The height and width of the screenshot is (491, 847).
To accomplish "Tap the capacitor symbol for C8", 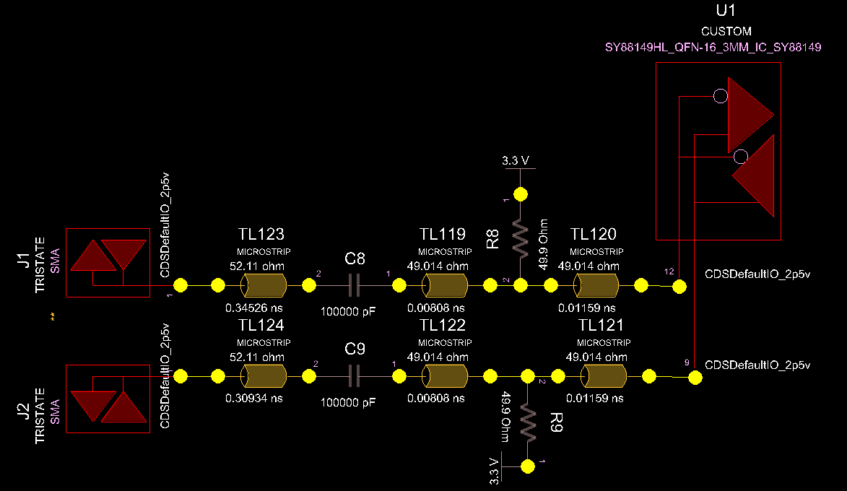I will pos(354,286).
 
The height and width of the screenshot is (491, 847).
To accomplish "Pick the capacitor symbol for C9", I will pos(354,376).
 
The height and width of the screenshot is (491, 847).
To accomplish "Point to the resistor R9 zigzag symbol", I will pos(528,423).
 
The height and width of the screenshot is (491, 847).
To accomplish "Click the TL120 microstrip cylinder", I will pos(596,287).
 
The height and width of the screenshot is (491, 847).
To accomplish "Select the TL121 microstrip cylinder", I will pos(604,376).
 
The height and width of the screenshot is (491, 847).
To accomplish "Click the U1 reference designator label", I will pos(726,11).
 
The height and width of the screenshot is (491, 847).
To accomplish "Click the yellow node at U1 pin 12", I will pos(679,287).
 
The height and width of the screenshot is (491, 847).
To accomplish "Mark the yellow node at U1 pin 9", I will pos(695,377).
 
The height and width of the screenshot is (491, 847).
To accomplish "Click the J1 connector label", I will pos(22,259).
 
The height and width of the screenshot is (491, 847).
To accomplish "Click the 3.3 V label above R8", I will pos(516,161).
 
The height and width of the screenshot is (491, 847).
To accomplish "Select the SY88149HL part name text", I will pos(713,47).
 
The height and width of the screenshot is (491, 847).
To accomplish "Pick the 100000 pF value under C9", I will pos(348,403).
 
